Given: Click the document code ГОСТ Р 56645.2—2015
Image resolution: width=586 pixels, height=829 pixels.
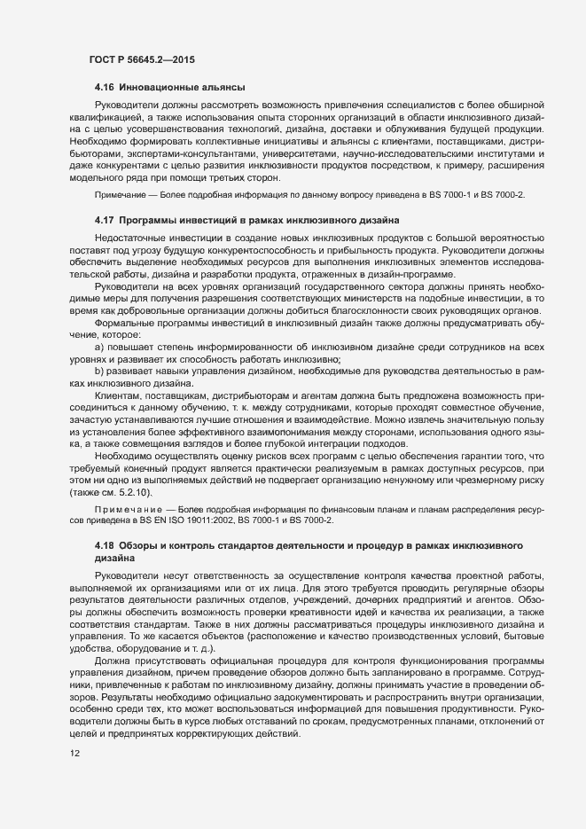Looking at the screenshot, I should [x=142, y=59].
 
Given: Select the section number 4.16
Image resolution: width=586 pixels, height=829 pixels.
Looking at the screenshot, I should [x=104, y=87].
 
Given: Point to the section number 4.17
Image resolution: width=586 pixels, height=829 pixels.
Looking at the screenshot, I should [x=104, y=219].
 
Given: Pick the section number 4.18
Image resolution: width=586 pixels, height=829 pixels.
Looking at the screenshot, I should [x=104, y=542].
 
